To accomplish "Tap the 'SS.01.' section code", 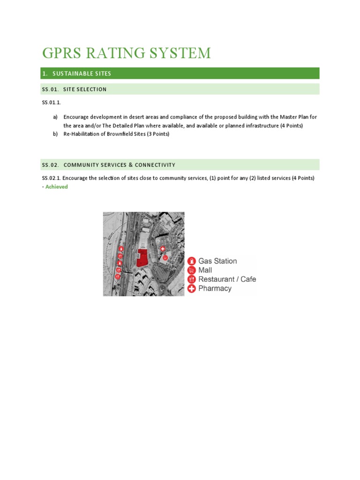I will pos(50,89).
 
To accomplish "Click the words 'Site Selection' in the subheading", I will pos(85,89).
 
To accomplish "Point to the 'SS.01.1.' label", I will pos(52,102).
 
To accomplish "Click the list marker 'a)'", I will pos(55,117).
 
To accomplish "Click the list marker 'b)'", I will pos(55,134).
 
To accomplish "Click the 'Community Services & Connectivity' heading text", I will pos(119,165).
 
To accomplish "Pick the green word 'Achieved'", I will pos(56,187).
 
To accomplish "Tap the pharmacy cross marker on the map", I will pos(163,249).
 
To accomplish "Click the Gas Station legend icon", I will pos(191,261).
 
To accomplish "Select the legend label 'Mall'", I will pos(205,270).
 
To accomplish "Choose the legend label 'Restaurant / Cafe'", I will pos(227,279).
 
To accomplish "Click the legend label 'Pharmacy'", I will pos(215,288).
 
